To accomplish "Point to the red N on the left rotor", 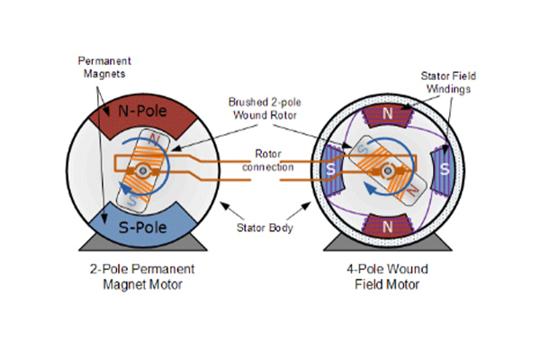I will [x=154, y=139].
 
